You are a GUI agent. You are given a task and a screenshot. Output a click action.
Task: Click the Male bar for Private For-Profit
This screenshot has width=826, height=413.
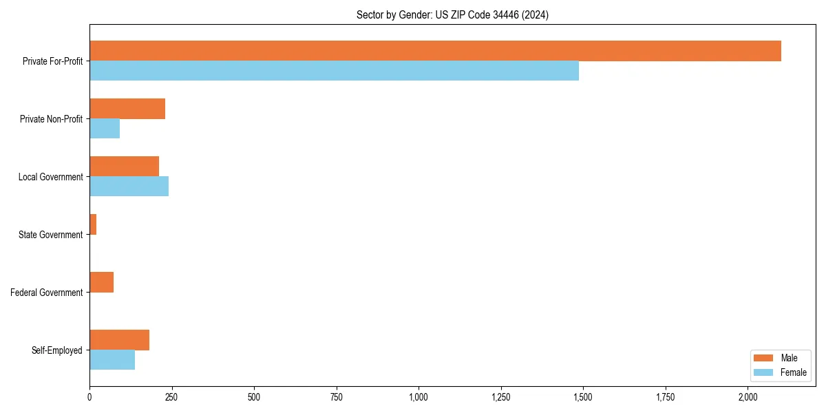pyautogui.click(x=435, y=51)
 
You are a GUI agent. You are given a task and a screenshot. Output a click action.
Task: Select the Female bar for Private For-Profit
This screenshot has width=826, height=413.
pyautogui.click(x=334, y=71)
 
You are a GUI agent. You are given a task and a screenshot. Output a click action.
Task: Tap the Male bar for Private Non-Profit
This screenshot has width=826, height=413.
pyautogui.click(x=127, y=109)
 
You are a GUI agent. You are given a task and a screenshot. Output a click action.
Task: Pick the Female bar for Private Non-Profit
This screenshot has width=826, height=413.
pyautogui.click(x=105, y=129)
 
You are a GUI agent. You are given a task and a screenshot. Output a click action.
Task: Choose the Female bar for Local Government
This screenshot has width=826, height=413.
pyautogui.click(x=129, y=187)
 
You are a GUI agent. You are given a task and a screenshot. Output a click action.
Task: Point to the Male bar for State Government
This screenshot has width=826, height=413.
pyautogui.click(x=93, y=224)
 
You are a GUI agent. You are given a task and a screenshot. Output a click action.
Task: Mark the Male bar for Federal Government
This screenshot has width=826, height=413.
pyautogui.click(x=101, y=282)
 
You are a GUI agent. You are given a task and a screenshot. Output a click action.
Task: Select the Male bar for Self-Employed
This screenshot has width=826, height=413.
pyautogui.click(x=119, y=340)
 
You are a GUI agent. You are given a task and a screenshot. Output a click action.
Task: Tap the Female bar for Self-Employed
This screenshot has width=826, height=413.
pyautogui.click(x=112, y=360)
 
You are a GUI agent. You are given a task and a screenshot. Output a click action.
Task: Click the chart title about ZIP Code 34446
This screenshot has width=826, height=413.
pyautogui.click(x=452, y=14)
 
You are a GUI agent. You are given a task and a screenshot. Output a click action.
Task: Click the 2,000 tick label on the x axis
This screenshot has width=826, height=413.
pyautogui.click(x=748, y=397)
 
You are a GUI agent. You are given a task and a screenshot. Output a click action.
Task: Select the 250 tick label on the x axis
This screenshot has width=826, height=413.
pyautogui.click(x=171, y=397)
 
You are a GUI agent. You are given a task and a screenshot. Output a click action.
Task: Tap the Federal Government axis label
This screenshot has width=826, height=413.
pyautogui.click(x=47, y=293)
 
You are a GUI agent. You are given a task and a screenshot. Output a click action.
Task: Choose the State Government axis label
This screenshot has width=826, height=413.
pyautogui.click(x=50, y=235)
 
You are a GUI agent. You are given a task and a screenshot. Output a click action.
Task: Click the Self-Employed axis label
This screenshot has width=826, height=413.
pyautogui.click(x=57, y=350)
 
